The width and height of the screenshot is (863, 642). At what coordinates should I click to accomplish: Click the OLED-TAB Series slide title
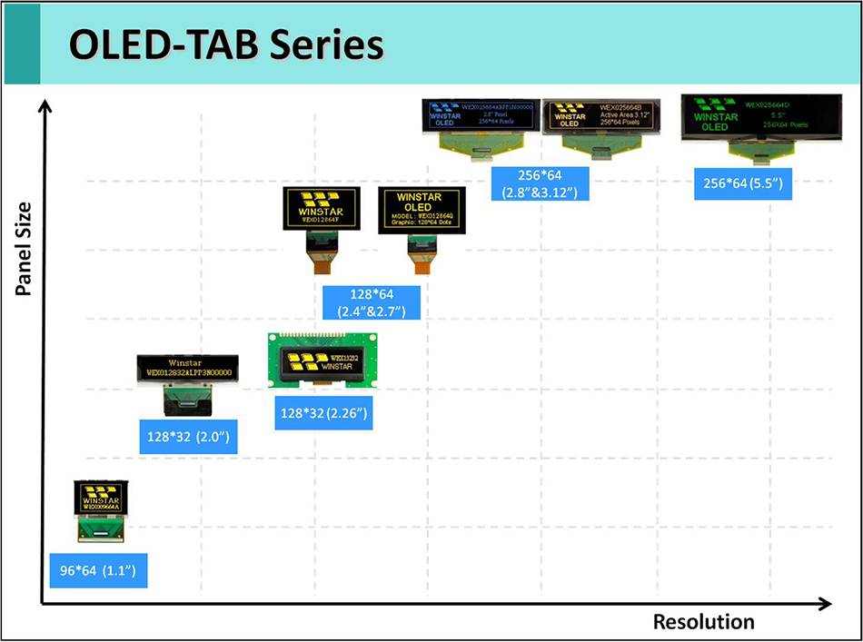(x=226, y=44)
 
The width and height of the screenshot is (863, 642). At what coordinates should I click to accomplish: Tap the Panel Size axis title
(x=23, y=250)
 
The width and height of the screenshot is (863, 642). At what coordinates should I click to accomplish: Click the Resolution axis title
(x=703, y=622)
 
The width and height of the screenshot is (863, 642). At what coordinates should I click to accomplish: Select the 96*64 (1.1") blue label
(x=97, y=571)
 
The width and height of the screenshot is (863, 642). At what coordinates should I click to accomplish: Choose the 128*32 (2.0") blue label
(x=187, y=438)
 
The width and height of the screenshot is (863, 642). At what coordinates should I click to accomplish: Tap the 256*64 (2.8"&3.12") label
(x=540, y=183)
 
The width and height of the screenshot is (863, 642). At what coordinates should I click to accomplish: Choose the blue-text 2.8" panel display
(x=481, y=123)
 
